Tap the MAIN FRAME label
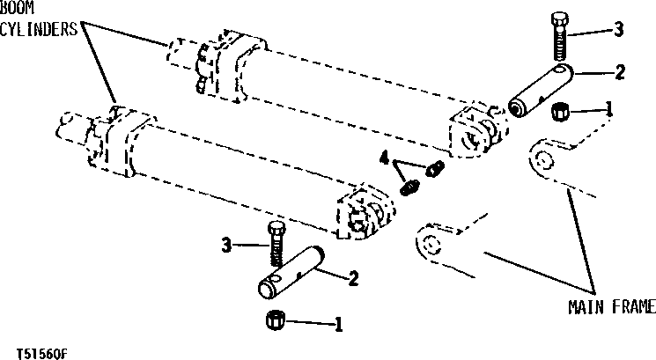coord(612,306)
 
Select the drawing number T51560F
coord(38,349)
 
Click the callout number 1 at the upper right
coord(608,110)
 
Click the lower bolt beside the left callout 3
coord(276,245)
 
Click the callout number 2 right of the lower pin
coord(352,279)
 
